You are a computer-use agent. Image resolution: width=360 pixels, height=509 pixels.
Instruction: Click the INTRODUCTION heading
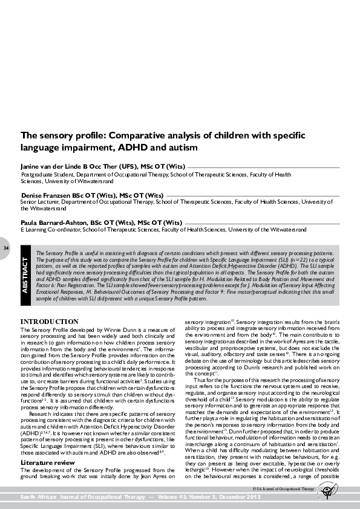click(x=48, y=320)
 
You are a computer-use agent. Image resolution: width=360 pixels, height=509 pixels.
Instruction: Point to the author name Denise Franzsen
click(x=48, y=195)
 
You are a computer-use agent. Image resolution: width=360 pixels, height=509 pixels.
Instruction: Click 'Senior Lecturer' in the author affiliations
click(x=42, y=203)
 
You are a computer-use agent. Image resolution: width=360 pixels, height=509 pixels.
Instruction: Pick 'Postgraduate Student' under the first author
click(x=48, y=173)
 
